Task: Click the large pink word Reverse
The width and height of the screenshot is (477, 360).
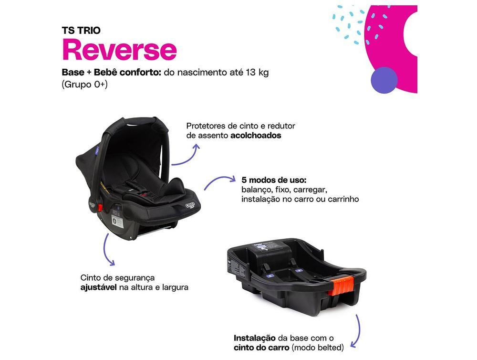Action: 119,50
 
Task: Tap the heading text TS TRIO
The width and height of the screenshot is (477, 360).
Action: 81,30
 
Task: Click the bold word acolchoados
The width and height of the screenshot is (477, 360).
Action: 255,135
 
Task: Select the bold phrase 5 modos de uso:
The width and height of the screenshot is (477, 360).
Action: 274,180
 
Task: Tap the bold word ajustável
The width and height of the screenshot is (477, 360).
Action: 98,287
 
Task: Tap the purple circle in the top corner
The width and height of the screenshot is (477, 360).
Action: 384,80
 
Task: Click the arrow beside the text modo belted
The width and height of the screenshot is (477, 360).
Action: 355,332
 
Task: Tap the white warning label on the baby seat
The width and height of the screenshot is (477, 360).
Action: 117,221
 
